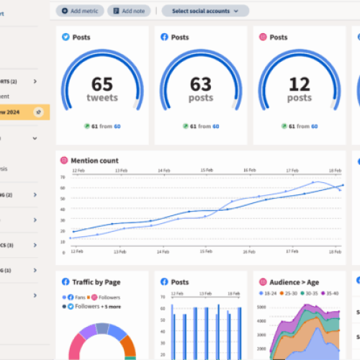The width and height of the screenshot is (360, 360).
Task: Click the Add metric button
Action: click(79, 11)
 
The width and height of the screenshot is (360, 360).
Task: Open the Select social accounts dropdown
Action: click(205, 11)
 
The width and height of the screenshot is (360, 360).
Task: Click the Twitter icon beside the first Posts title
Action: click(65, 37)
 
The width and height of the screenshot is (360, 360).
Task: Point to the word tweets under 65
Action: click(102, 98)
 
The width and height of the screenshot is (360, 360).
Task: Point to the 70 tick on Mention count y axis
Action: click(63, 176)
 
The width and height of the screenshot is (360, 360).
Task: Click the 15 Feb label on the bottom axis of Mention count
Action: click(207, 252)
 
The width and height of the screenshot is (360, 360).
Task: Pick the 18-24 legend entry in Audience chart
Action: click(272, 294)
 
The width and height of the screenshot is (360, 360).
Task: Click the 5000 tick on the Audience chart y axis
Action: click(261, 307)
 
